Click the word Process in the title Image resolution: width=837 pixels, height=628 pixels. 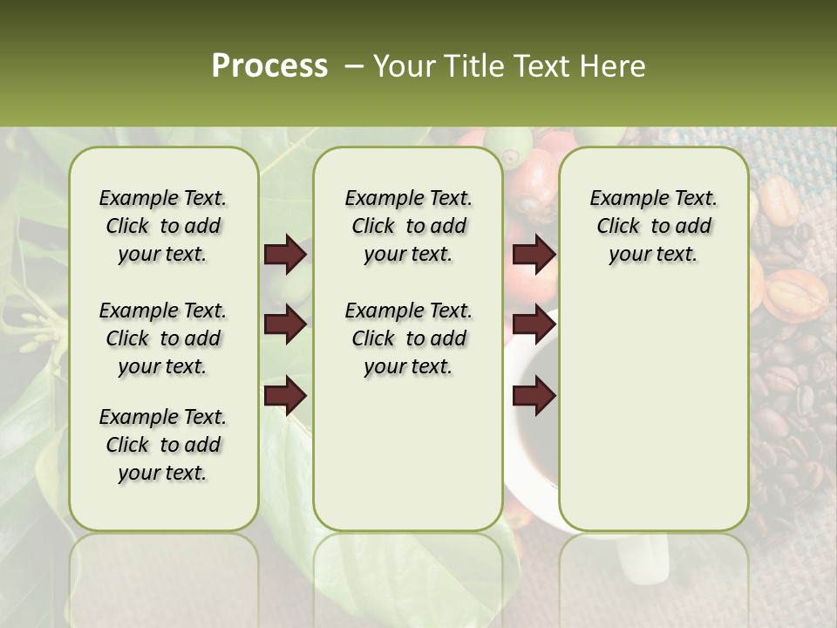tap(269, 66)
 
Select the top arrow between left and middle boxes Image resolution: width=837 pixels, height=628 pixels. tap(285, 255)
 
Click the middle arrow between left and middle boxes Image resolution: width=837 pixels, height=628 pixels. tap(285, 325)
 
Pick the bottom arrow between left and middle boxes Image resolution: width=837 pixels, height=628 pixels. tap(285, 396)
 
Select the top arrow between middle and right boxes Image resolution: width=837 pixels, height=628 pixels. tap(534, 255)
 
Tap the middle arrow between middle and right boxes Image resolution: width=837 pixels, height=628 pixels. tap(534, 325)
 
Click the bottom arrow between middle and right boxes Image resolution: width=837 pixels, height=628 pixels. tap(534, 396)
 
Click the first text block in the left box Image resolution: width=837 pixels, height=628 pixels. tap(163, 226)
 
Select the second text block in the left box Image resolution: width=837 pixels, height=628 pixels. tap(163, 338)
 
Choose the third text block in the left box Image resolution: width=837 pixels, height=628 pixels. tap(163, 445)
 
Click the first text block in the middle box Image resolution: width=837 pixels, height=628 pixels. tap(408, 226)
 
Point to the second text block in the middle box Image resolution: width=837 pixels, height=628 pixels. tap(408, 338)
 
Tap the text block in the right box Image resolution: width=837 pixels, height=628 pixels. tap(653, 226)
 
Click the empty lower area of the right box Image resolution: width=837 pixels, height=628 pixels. tap(653, 410)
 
